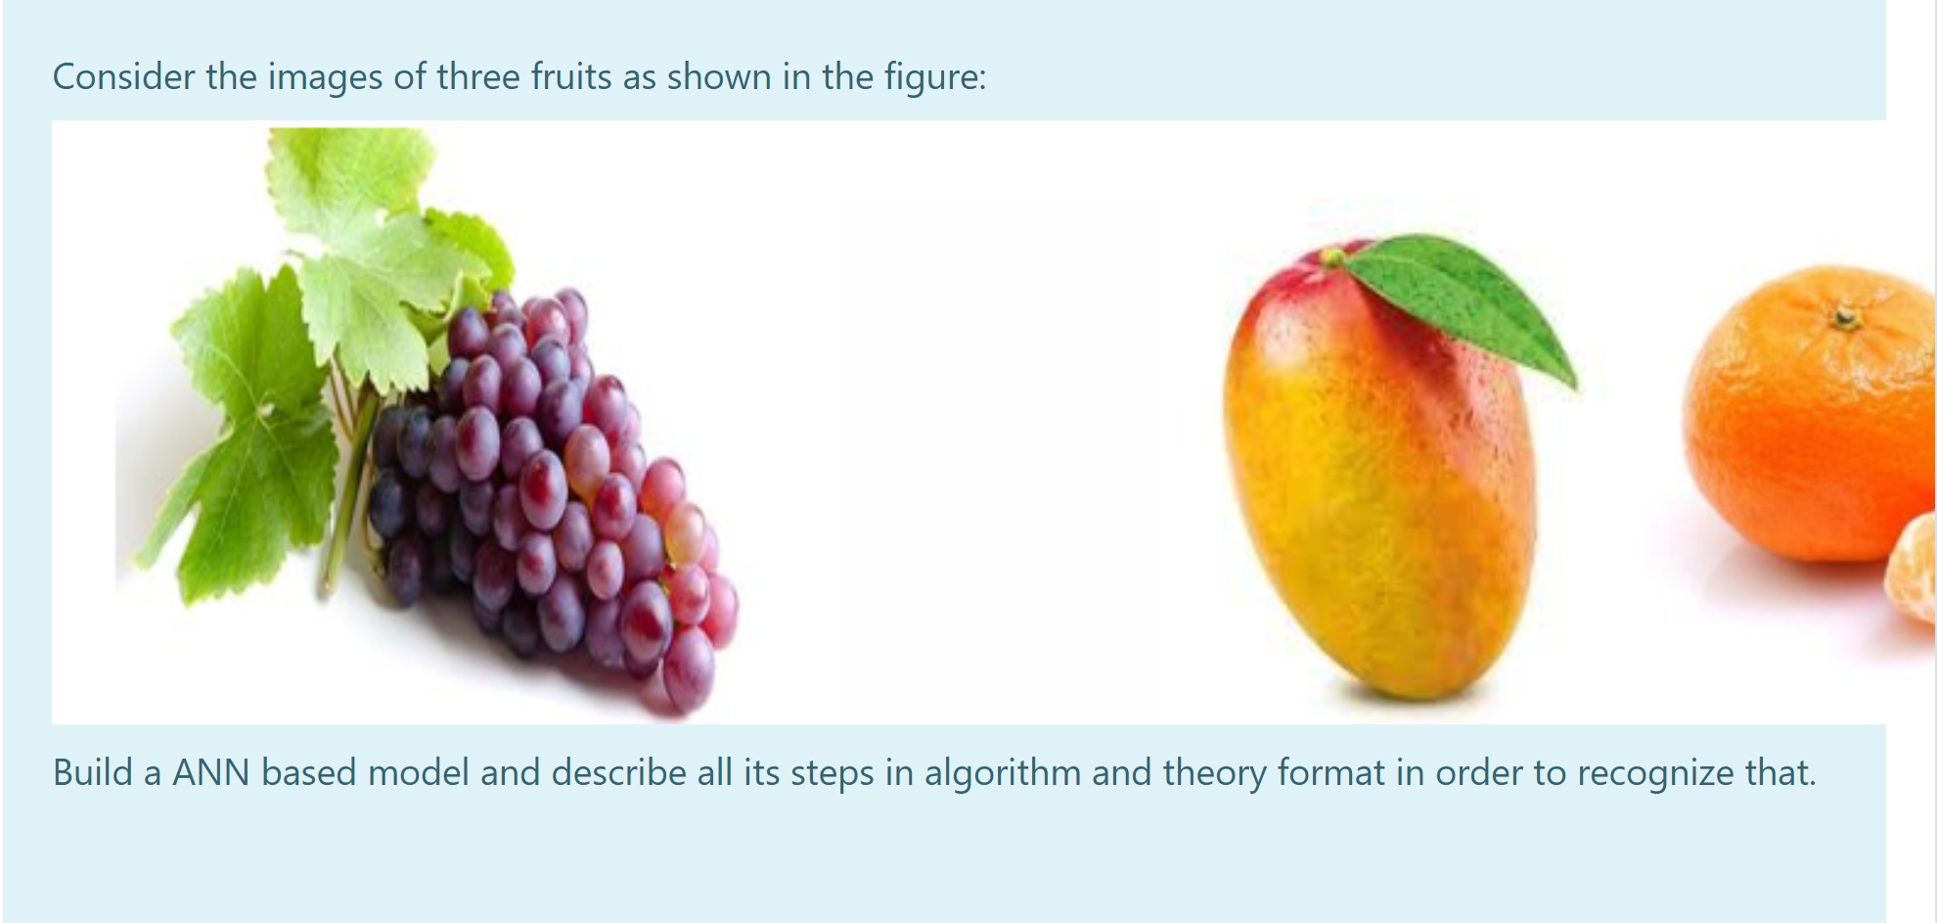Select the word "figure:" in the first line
click(935, 77)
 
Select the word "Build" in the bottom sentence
click(93, 773)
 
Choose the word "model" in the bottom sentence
click(419, 773)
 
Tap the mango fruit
click(1379, 489)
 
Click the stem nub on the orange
click(1846, 317)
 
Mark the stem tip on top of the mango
click(1331, 257)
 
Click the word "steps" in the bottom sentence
click(833, 773)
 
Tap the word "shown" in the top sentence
click(719, 77)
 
